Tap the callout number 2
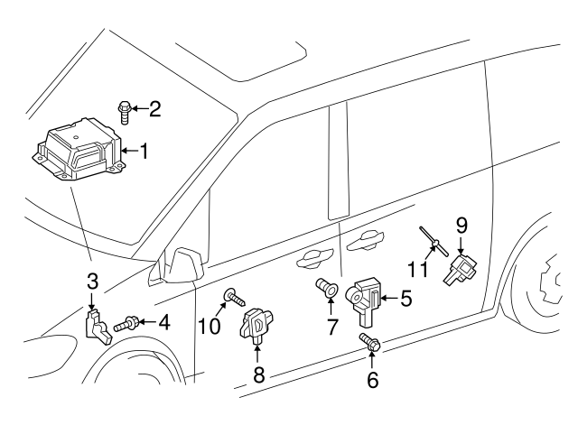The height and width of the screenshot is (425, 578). [x=155, y=111]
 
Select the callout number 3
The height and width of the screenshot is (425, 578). [x=93, y=281]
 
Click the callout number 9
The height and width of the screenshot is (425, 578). [x=461, y=226]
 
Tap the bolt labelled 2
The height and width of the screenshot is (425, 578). [x=125, y=112]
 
